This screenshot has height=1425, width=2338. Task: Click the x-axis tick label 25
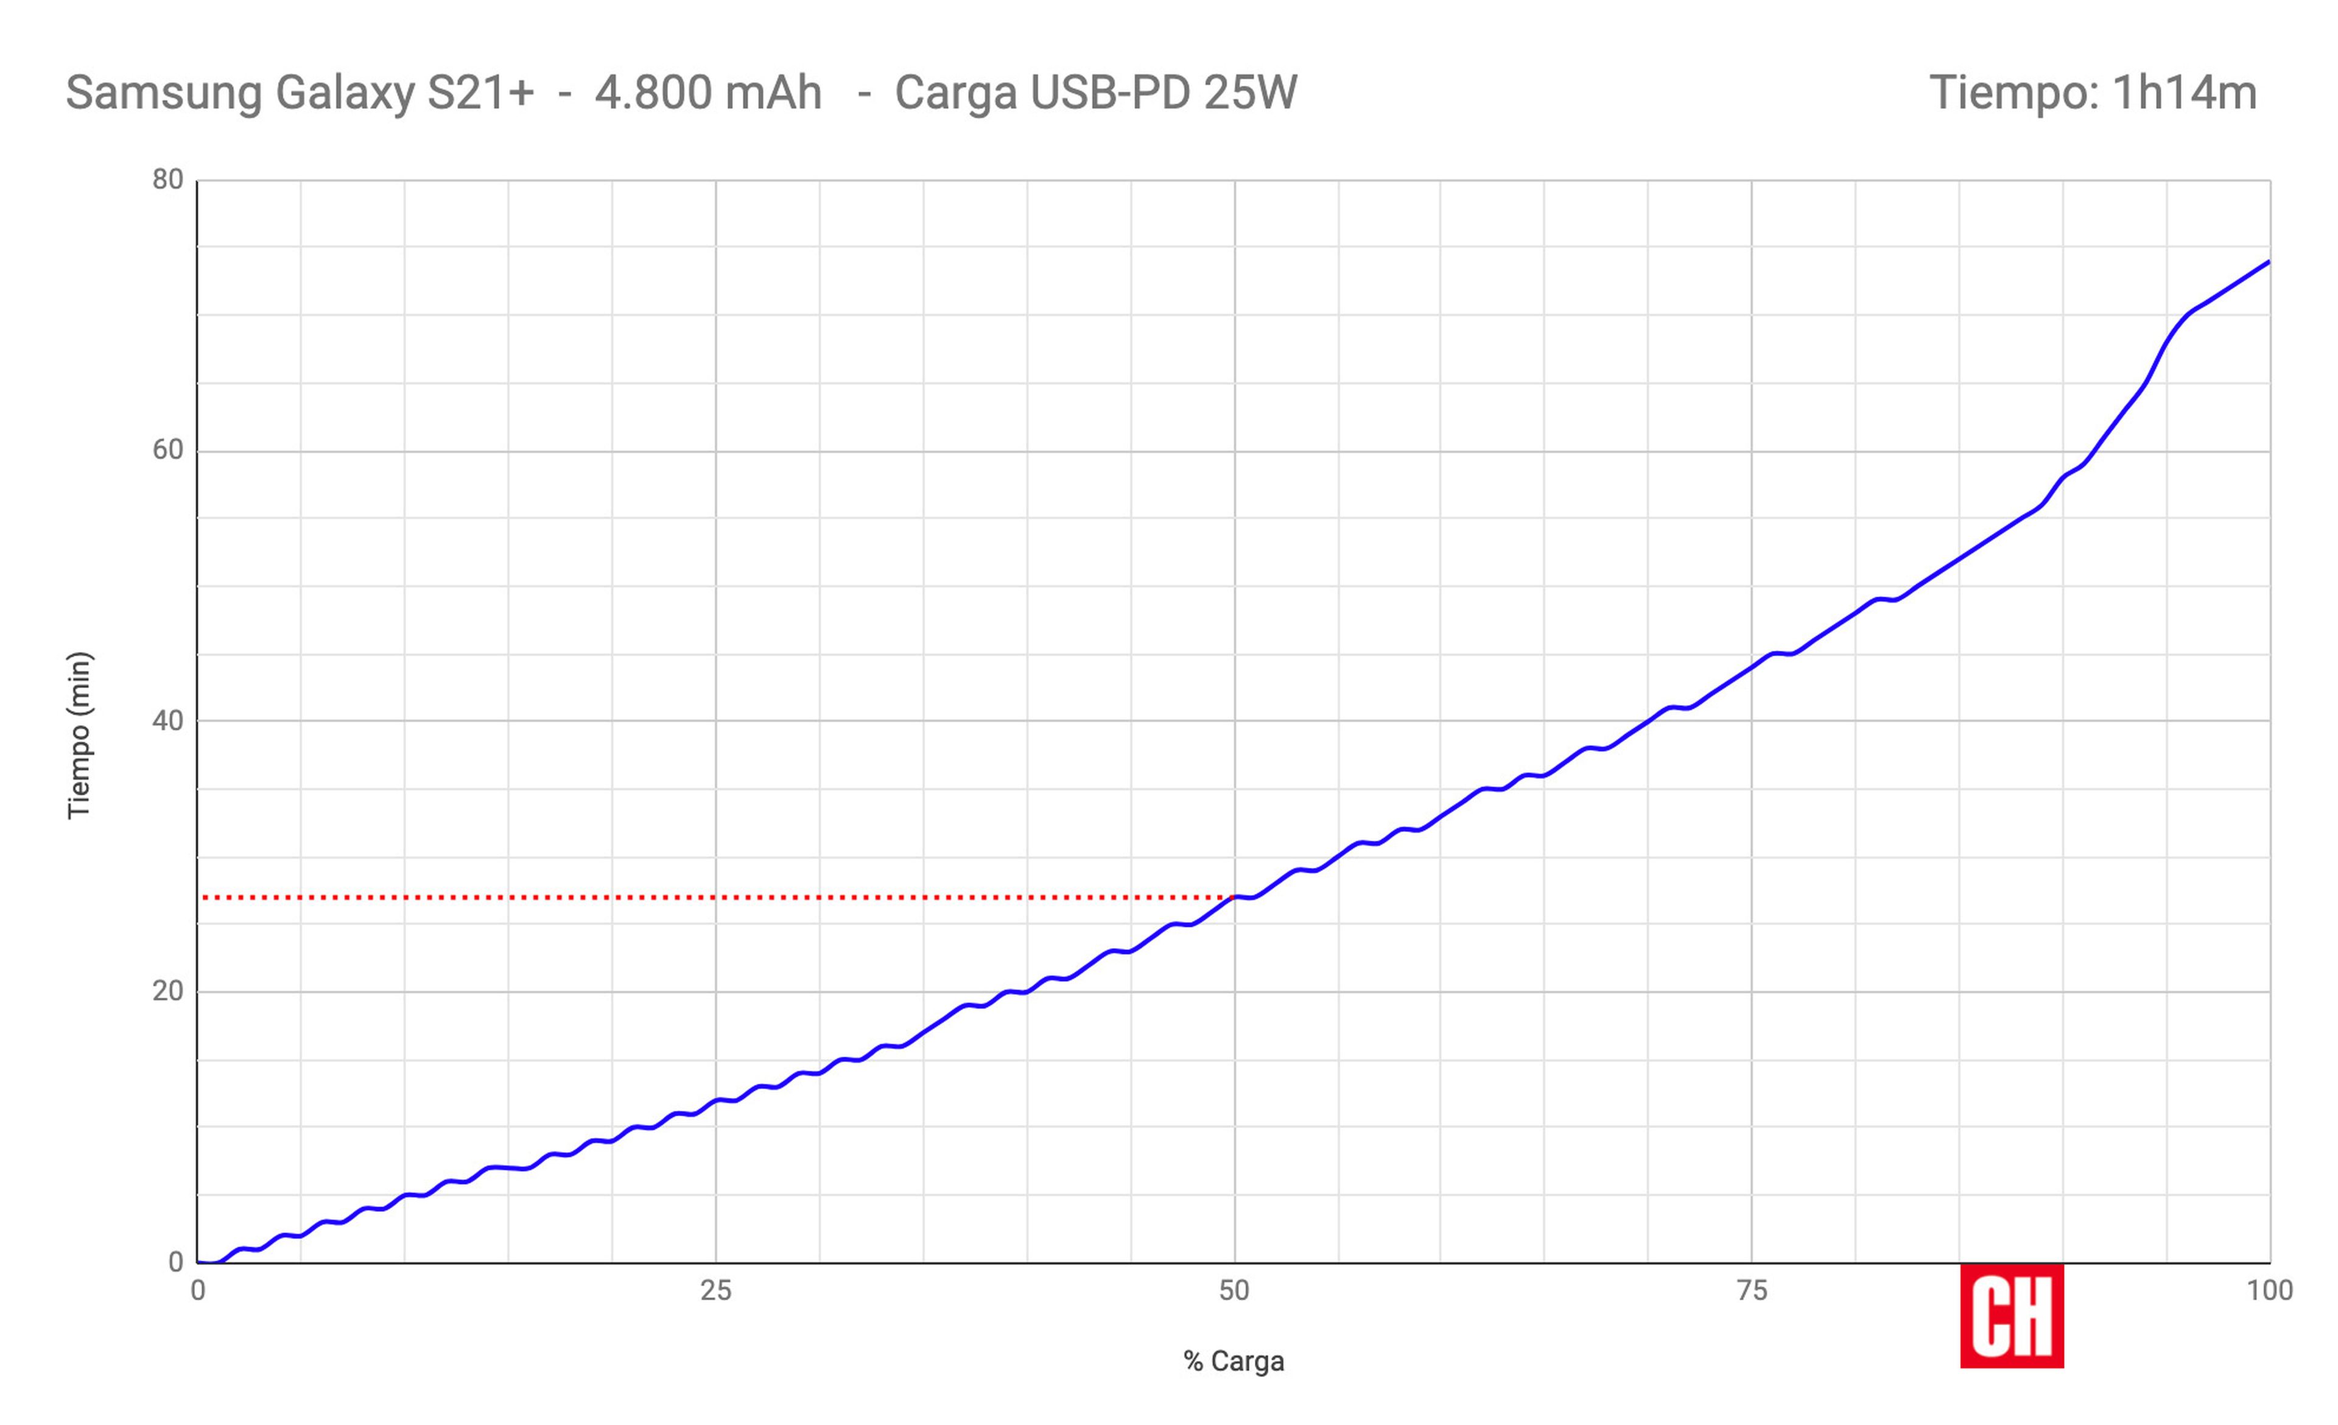click(x=715, y=1291)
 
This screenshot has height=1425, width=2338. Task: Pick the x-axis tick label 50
click(x=1234, y=1291)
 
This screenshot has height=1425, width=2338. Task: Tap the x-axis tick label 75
click(x=1752, y=1291)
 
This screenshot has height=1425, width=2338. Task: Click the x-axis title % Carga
click(x=1234, y=1362)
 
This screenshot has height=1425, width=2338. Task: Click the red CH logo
click(x=2012, y=1316)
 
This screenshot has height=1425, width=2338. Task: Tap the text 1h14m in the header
click(x=2185, y=93)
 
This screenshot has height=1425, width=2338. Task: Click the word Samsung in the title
click(x=163, y=93)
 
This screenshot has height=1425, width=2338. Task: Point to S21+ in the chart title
click(x=480, y=93)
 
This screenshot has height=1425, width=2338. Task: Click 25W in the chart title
click(x=1251, y=93)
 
